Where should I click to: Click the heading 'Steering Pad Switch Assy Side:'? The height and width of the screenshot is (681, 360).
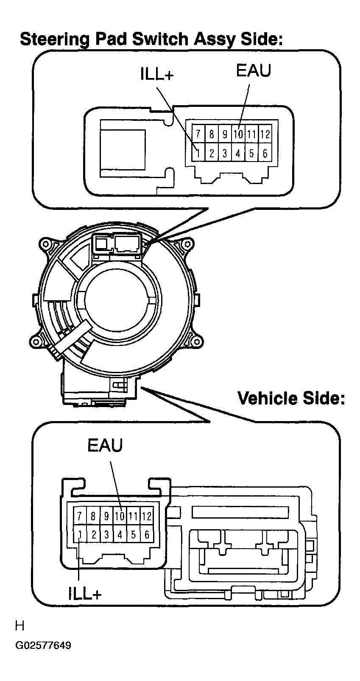pyautogui.click(x=151, y=39)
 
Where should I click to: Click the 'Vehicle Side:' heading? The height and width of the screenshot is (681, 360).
pyautogui.click(x=291, y=398)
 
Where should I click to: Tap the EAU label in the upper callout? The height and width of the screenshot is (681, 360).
pyautogui.click(x=253, y=70)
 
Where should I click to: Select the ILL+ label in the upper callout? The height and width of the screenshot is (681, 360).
pyautogui.click(x=157, y=75)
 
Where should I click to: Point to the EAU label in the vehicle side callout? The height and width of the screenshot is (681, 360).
pyautogui.click(x=105, y=445)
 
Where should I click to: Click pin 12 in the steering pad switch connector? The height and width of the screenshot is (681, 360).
pyautogui.click(x=265, y=134)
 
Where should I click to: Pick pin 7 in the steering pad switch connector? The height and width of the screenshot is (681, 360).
pyautogui.click(x=198, y=134)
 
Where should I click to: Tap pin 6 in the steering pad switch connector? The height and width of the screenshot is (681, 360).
pyautogui.click(x=265, y=153)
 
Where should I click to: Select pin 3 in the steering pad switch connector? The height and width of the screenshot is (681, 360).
pyautogui.click(x=225, y=153)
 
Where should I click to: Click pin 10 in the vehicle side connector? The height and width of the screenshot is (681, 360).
pyautogui.click(x=120, y=516)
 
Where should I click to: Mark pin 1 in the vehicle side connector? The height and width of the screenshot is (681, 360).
pyautogui.click(x=79, y=535)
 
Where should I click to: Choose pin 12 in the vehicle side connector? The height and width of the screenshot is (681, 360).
pyautogui.click(x=147, y=516)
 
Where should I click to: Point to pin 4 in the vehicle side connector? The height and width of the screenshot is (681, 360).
pyautogui.click(x=120, y=535)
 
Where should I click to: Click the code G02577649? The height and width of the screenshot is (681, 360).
pyautogui.click(x=43, y=646)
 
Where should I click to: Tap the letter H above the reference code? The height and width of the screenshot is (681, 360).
pyautogui.click(x=20, y=625)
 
